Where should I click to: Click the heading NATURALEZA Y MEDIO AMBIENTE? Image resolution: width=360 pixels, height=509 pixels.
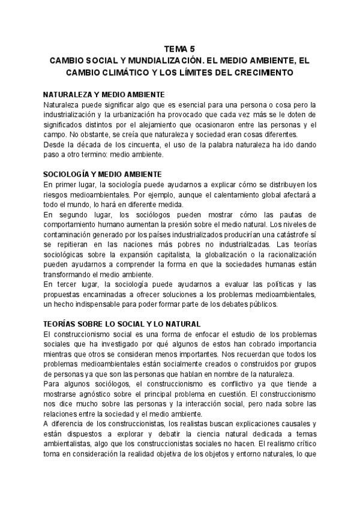click(104, 94)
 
